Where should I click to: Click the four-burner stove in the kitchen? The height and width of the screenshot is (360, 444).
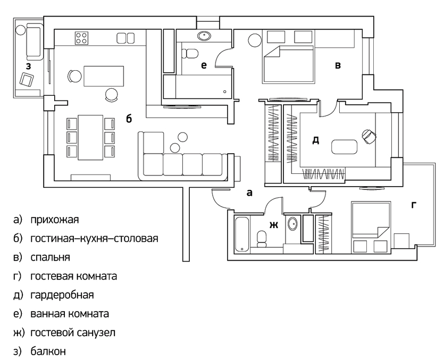[x=81, y=38]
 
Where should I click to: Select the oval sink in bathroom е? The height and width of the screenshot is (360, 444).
[x=204, y=36]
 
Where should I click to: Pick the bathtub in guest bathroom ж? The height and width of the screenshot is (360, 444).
[x=242, y=234]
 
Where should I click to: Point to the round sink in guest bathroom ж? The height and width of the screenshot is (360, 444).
[x=292, y=224]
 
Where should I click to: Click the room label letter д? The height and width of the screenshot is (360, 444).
[x=315, y=140]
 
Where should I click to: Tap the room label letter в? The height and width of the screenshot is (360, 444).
[x=338, y=66]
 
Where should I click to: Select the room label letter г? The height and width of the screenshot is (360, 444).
[x=414, y=205]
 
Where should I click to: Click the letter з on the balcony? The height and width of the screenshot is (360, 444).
[x=28, y=66]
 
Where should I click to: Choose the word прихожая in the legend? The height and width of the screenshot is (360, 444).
[x=55, y=220]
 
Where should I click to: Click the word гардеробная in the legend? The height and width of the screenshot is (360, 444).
[x=62, y=295]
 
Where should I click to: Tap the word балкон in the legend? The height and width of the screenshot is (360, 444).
[x=48, y=351]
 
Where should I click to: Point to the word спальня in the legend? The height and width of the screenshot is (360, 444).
[x=50, y=257]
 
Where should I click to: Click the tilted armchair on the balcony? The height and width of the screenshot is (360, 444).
[x=27, y=79]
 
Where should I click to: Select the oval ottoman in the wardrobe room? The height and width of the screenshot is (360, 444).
[x=344, y=147]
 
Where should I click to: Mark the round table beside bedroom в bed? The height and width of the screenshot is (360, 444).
[x=254, y=40]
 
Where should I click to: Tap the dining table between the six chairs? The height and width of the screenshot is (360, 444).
[x=90, y=137]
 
